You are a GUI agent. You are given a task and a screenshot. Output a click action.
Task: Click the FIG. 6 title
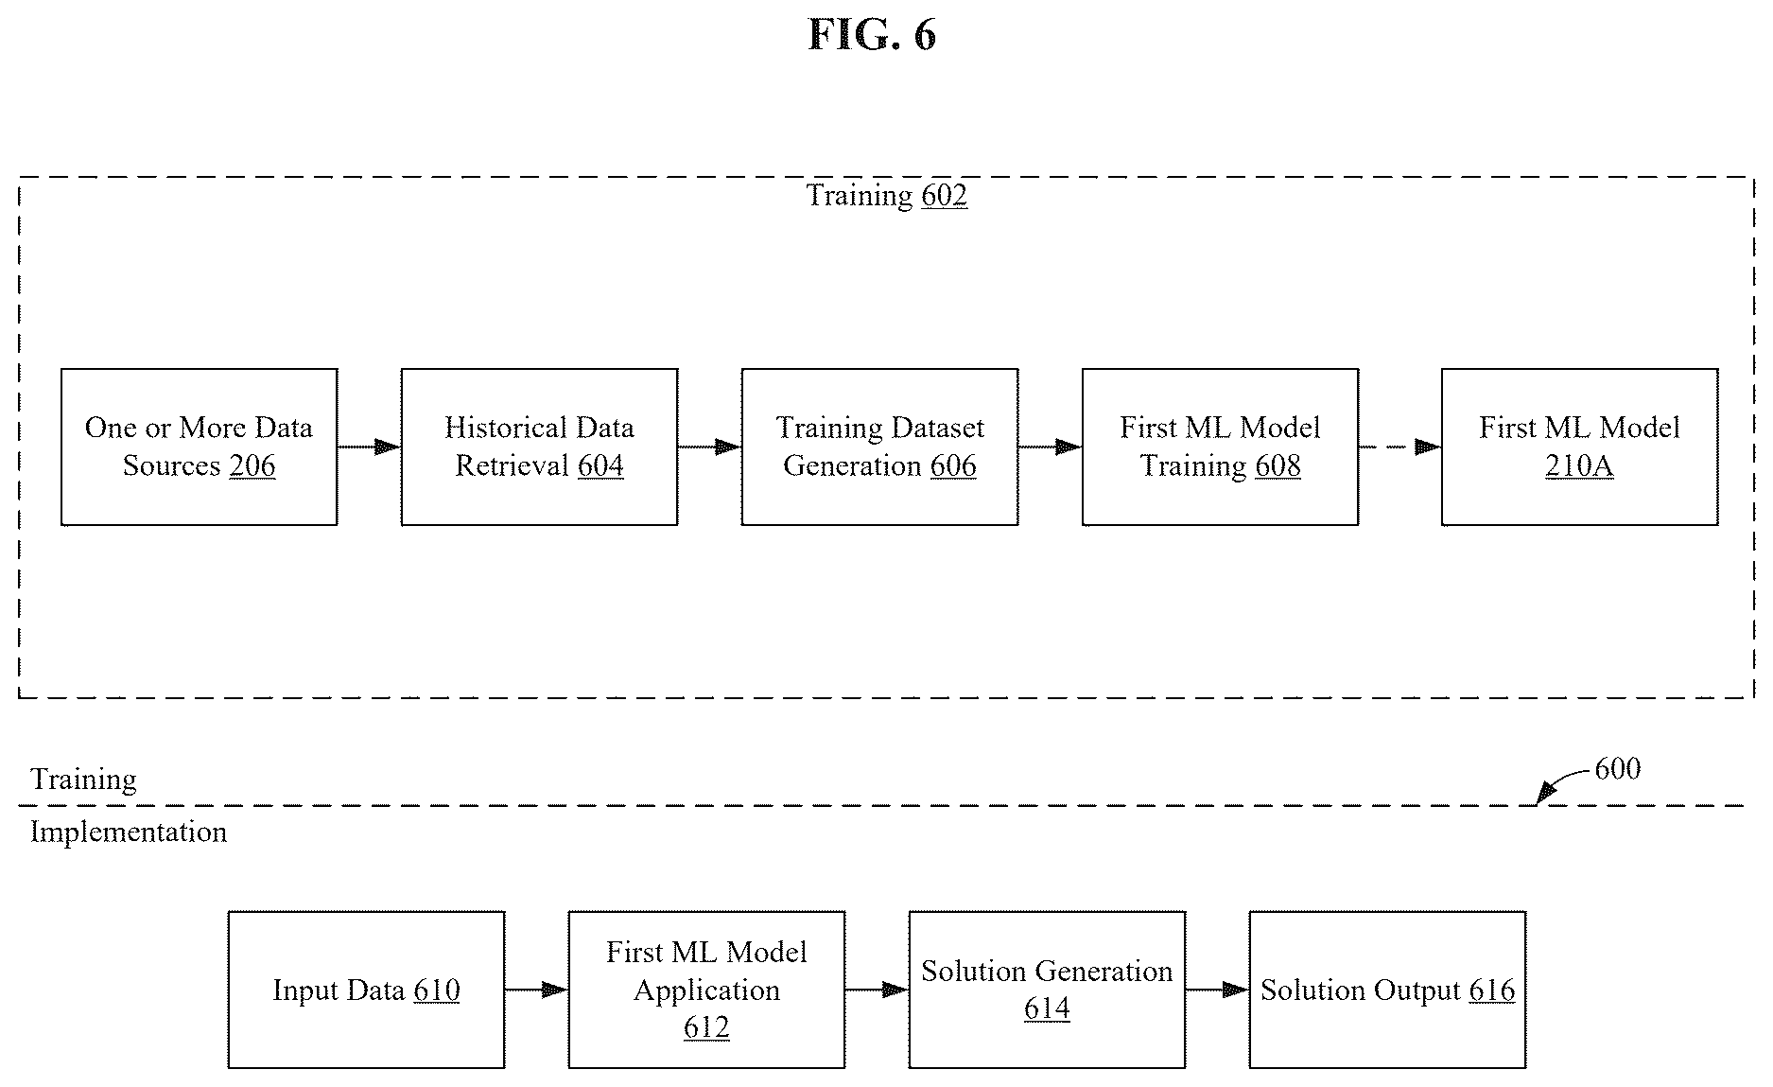(872, 36)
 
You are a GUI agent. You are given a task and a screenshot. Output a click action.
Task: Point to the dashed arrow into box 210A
(1400, 447)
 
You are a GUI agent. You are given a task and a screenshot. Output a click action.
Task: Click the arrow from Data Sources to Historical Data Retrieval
(370, 447)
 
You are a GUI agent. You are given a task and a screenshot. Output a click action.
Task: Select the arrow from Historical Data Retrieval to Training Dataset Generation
(710, 447)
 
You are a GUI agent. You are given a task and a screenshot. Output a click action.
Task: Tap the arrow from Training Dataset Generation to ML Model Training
(1051, 447)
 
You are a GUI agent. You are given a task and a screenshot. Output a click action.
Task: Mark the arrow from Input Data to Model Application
(536, 990)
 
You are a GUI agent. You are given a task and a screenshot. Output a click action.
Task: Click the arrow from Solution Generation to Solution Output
(1217, 990)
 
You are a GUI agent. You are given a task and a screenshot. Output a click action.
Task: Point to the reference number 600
(1617, 768)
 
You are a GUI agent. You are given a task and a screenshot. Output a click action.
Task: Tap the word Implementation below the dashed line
(129, 833)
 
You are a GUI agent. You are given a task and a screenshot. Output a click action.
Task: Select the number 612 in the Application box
(706, 1027)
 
